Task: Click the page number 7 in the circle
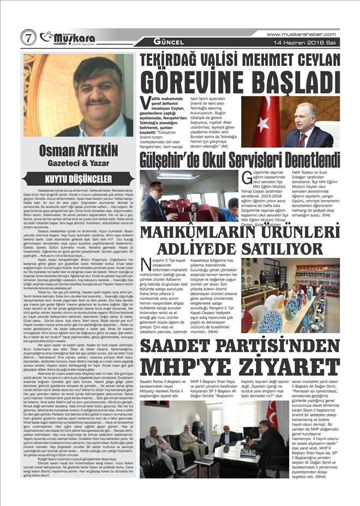click(x=28, y=38)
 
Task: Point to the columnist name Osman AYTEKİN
click(x=79, y=150)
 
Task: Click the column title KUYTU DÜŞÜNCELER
click(x=79, y=178)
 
